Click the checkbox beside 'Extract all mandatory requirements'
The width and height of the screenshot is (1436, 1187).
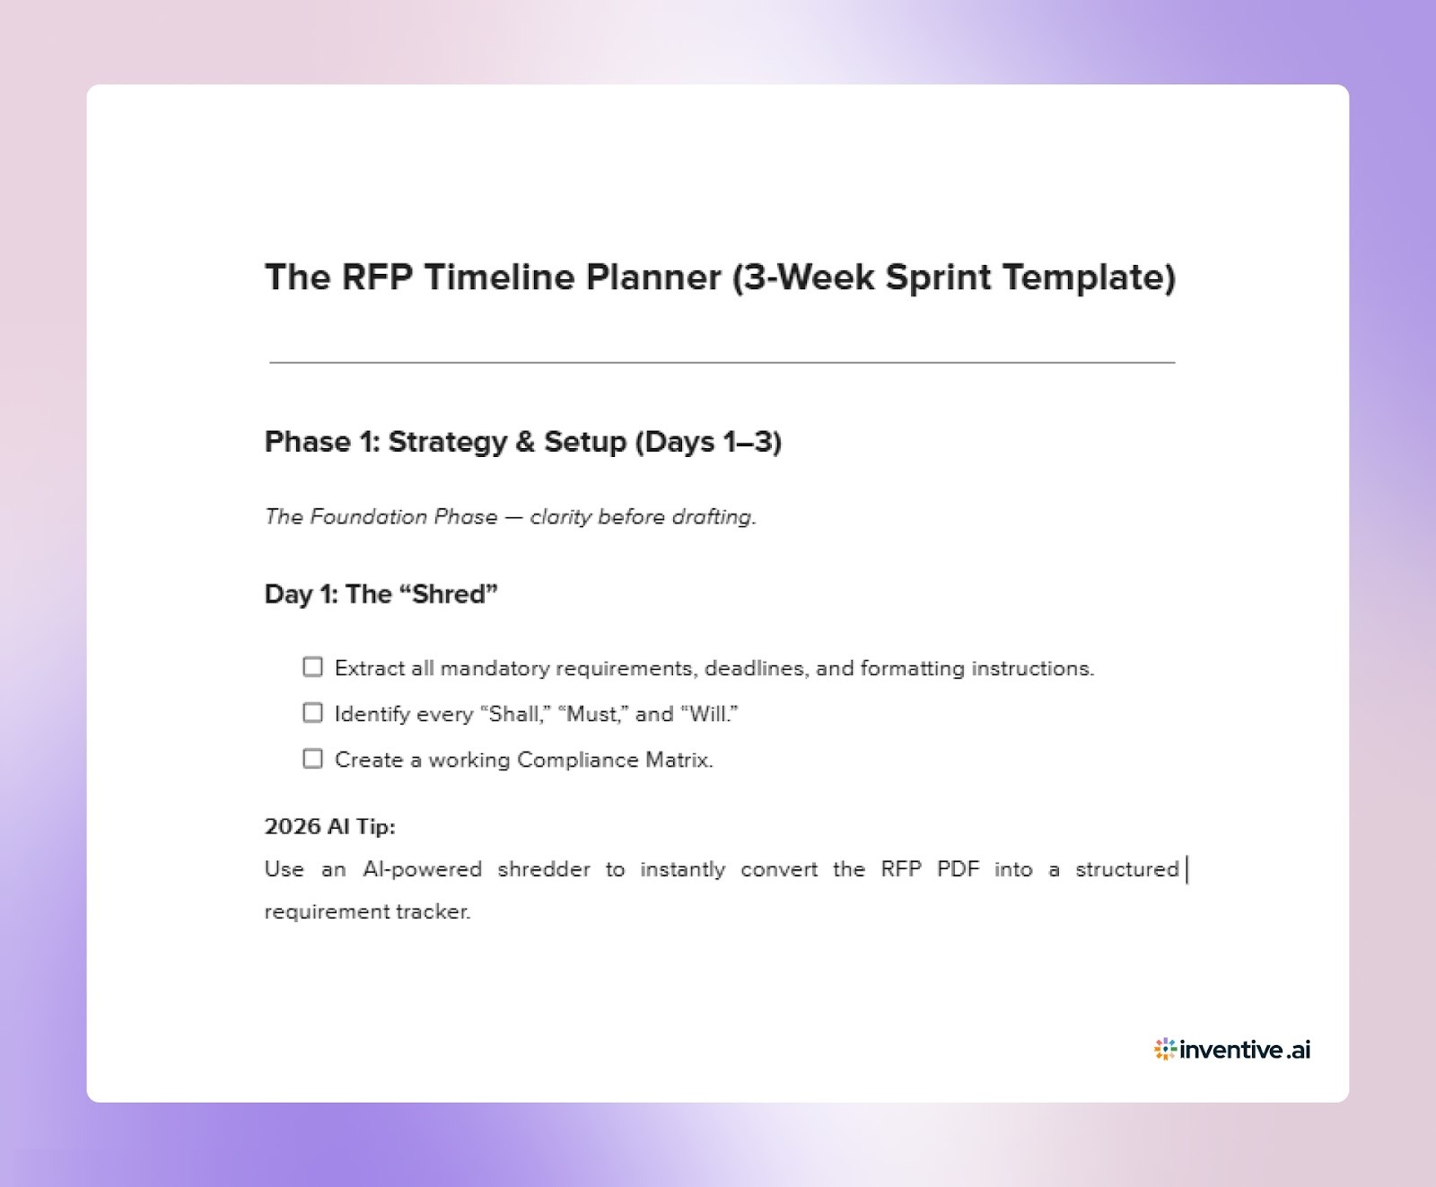pyautogui.click(x=312, y=667)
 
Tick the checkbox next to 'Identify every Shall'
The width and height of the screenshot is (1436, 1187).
pyautogui.click(x=312, y=713)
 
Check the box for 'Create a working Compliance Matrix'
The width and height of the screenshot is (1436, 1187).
pyautogui.click(x=312, y=759)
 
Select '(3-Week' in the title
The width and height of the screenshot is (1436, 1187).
pyautogui.click(x=803, y=277)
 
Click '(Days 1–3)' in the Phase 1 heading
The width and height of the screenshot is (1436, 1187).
pyautogui.click(x=707, y=442)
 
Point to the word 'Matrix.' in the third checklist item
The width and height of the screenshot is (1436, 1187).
pyautogui.click(x=679, y=761)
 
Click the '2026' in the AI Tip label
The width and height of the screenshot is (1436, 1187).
pyautogui.click(x=293, y=826)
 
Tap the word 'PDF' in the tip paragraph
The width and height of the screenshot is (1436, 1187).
pyautogui.click(x=958, y=869)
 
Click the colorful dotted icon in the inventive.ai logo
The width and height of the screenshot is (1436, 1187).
pyautogui.click(x=1165, y=1049)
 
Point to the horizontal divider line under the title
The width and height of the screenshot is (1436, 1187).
pyautogui.click(x=722, y=363)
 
